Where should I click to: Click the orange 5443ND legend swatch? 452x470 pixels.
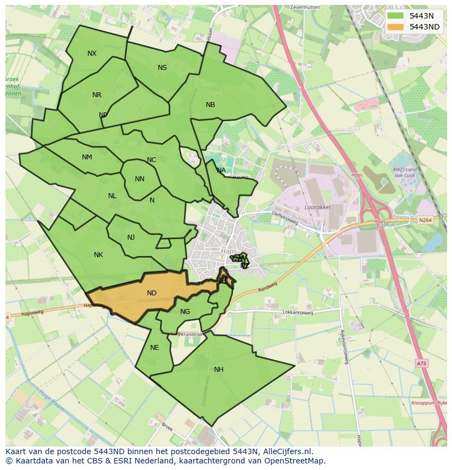pyautogui.click(x=396, y=27)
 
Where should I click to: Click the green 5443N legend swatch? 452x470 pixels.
pyautogui.click(x=396, y=16)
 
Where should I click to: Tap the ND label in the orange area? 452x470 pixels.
pyautogui.click(x=151, y=293)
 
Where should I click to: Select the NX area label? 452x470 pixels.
pyautogui.click(x=92, y=53)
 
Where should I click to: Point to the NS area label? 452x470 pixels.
pyautogui.click(x=162, y=68)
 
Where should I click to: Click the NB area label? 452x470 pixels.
pyautogui.click(x=210, y=105)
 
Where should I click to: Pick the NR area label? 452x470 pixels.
pyautogui.click(x=97, y=95)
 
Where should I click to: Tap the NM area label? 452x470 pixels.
pyautogui.click(x=87, y=157)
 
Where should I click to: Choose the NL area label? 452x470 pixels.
pyautogui.click(x=112, y=196)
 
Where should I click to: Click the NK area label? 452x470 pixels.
pyautogui.click(x=98, y=255)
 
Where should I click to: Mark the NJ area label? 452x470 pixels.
pyautogui.click(x=131, y=237)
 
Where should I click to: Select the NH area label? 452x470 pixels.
pyautogui.click(x=218, y=370)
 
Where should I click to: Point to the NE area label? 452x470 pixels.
pyautogui.click(x=154, y=348)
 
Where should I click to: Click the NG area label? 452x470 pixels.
pyautogui.click(x=185, y=312)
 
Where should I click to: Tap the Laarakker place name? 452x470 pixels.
pyautogui.click(x=318, y=208)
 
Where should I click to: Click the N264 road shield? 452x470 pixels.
pyautogui.click(x=425, y=220)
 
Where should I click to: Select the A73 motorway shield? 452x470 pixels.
pyautogui.click(x=420, y=363)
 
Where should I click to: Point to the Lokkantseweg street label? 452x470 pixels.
pyautogui.click(x=298, y=313)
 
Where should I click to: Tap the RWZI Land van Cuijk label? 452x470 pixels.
pyautogui.click(x=406, y=172)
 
